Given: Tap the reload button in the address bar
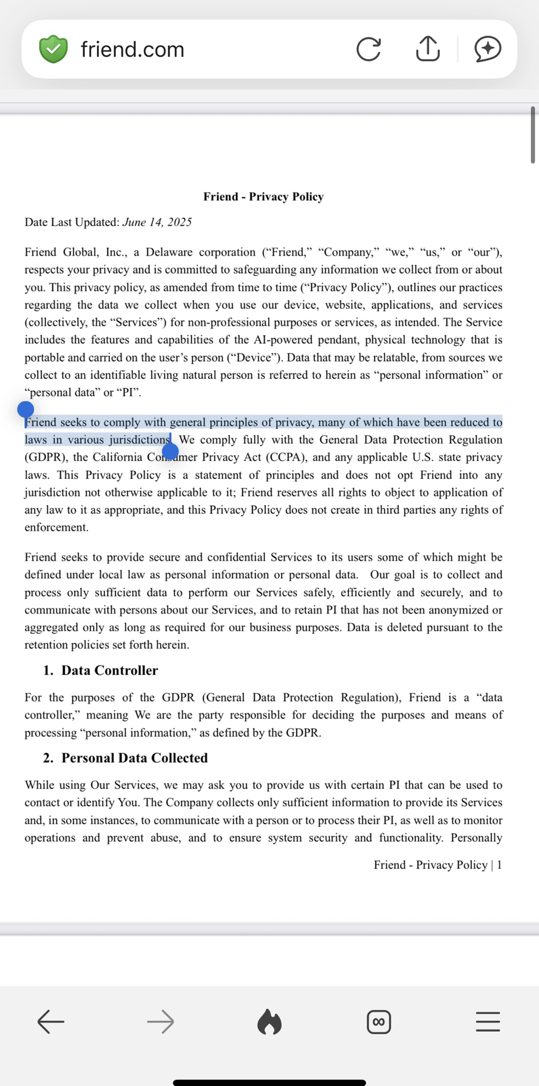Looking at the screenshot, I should pyautogui.click(x=368, y=49).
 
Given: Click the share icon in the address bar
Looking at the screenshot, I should pyautogui.click(x=428, y=49).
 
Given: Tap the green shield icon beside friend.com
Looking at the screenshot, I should pyautogui.click(x=53, y=49).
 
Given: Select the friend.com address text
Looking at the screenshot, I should pyautogui.click(x=133, y=49).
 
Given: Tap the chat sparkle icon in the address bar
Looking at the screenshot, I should pyautogui.click(x=487, y=49).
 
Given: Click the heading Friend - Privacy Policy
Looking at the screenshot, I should pyautogui.click(x=264, y=197).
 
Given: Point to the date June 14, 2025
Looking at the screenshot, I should pyautogui.click(x=157, y=222).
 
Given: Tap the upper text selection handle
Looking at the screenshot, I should pyautogui.click(x=26, y=409).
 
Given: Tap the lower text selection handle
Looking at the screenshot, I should pyautogui.click(x=170, y=451).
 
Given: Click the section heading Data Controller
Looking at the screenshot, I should pyautogui.click(x=109, y=671).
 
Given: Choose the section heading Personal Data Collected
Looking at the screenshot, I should pyautogui.click(x=134, y=758).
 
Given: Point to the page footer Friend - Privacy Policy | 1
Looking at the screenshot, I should pyautogui.click(x=437, y=865).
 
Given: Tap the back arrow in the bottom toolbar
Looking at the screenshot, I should pyautogui.click(x=51, y=1022).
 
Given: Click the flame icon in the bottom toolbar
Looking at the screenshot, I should pyautogui.click(x=269, y=1022).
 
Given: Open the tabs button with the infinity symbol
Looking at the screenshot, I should pyautogui.click(x=379, y=1022).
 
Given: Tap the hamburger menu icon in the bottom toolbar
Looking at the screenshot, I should pyautogui.click(x=487, y=1022).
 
